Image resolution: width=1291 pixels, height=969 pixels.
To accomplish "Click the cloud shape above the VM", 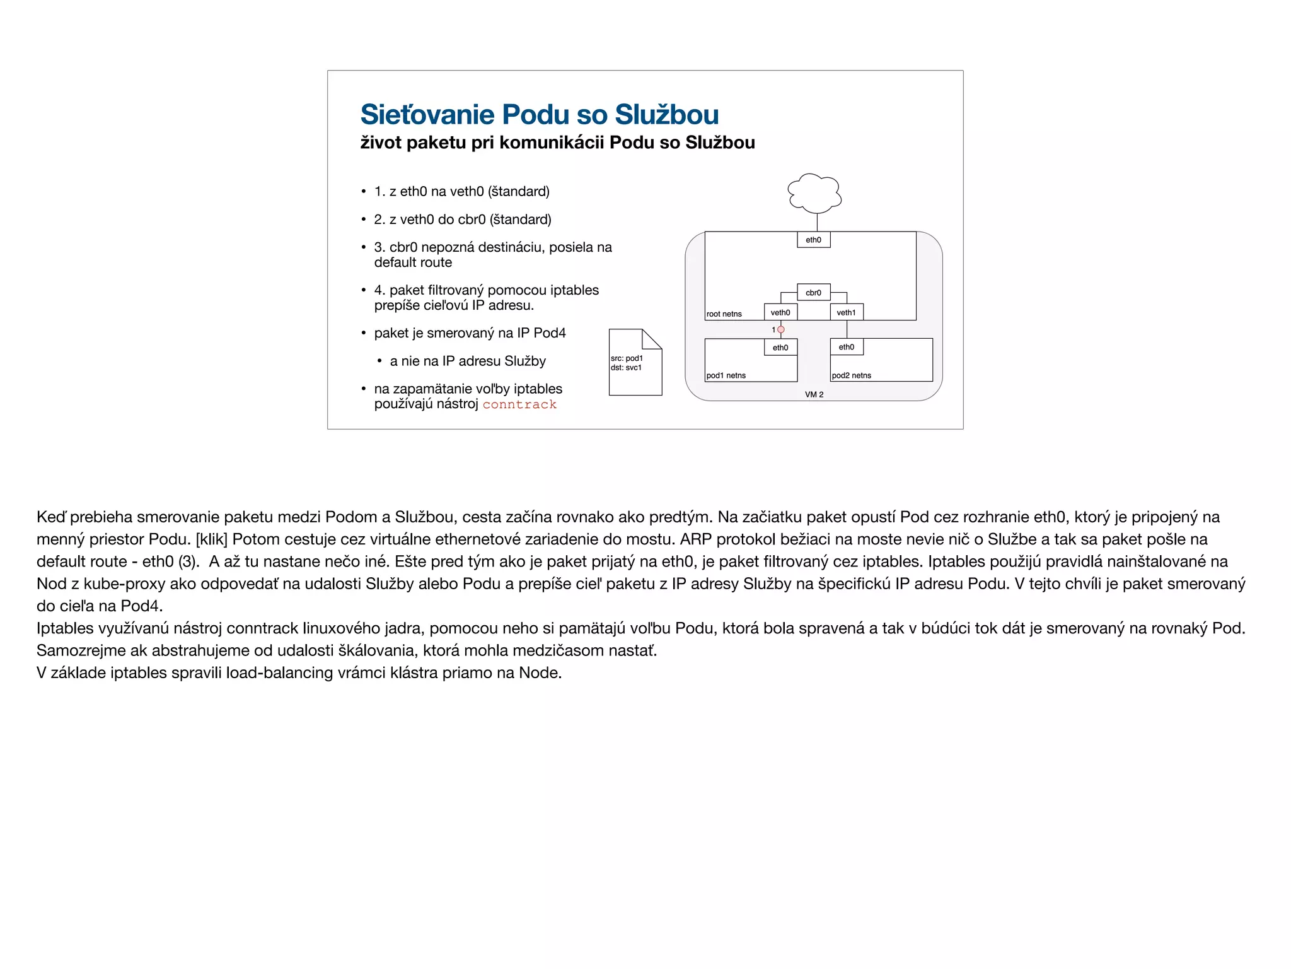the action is (x=814, y=193).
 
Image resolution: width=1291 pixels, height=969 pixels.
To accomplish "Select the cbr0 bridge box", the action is (x=813, y=293).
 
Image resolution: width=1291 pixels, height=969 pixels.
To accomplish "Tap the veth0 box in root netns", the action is (x=780, y=312).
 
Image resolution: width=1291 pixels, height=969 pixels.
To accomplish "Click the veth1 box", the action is (x=846, y=312).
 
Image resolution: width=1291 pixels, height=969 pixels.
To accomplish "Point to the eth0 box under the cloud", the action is (x=813, y=240).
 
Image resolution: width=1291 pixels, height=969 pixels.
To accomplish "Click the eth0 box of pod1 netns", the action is (x=780, y=348).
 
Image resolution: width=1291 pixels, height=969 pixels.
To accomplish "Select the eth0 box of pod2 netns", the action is (x=846, y=347).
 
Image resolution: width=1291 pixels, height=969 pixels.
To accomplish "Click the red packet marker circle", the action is (x=781, y=329).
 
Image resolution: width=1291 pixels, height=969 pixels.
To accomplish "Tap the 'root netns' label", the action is (x=724, y=314).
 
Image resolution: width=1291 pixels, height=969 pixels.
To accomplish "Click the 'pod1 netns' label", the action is (x=726, y=375).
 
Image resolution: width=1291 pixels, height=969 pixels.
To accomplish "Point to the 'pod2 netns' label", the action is (x=851, y=375).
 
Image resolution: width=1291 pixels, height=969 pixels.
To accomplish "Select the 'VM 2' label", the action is (x=814, y=394).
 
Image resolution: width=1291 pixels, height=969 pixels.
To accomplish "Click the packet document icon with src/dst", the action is (x=635, y=363).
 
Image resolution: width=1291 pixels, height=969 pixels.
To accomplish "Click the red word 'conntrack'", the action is (x=519, y=404).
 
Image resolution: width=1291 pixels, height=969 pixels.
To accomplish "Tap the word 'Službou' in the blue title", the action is (x=666, y=115).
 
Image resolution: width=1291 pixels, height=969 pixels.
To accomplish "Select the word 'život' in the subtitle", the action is (x=381, y=143).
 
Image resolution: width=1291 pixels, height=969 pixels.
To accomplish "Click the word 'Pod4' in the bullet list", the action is (x=550, y=333).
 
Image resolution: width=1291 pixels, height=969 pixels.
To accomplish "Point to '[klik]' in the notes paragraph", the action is (x=211, y=539).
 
